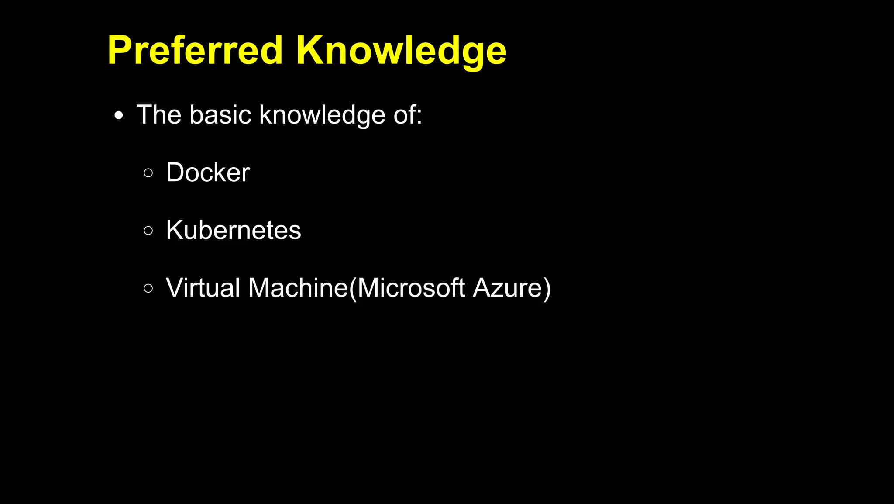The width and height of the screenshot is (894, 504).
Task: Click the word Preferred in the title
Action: [195, 51]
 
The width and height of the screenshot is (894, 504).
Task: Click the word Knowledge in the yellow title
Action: [401, 51]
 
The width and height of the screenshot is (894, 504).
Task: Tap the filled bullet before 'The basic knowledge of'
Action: [119, 116]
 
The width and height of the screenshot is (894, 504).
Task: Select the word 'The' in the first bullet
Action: [159, 115]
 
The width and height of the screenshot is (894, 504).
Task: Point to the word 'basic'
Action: [220, 115]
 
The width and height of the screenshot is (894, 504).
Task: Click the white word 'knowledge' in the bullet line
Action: [322, 115]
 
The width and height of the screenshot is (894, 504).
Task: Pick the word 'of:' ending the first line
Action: [408, 115]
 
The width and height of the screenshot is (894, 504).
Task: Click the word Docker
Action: [208, 173]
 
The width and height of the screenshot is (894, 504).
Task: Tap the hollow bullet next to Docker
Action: [148, 173]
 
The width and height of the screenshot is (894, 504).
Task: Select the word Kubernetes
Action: [234, 230]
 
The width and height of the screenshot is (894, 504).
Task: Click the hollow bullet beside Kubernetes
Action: [148, 231]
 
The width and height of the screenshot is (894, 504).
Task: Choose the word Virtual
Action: [203, 288]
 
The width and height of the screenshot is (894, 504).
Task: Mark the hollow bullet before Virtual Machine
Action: [148, 288]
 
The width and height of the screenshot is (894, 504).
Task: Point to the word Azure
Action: [506, 288]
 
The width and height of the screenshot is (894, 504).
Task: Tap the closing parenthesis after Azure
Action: [547, 289]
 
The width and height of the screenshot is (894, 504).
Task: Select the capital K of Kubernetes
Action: [175, 230]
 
